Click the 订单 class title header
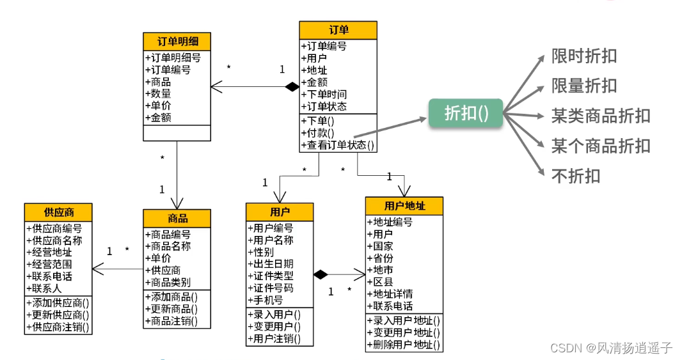[338, 30]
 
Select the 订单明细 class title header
[177, 42]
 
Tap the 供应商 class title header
[58, 212]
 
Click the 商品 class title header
[177, 218]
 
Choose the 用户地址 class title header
[404, 206]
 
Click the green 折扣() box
[466, 113]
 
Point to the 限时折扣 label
[584, 56]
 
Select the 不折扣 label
[576, 176]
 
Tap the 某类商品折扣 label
[601, 116]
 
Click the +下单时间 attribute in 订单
[324, 95]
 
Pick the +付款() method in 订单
[317, 133]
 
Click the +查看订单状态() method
[338, 145]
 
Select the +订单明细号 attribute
[173, 58]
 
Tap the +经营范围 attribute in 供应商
[49, 264]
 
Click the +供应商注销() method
[58, 327]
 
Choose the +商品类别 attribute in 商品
[168, 282]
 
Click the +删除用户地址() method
[404, 345]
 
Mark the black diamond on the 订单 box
[292, 87]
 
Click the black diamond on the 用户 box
[321, 274]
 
